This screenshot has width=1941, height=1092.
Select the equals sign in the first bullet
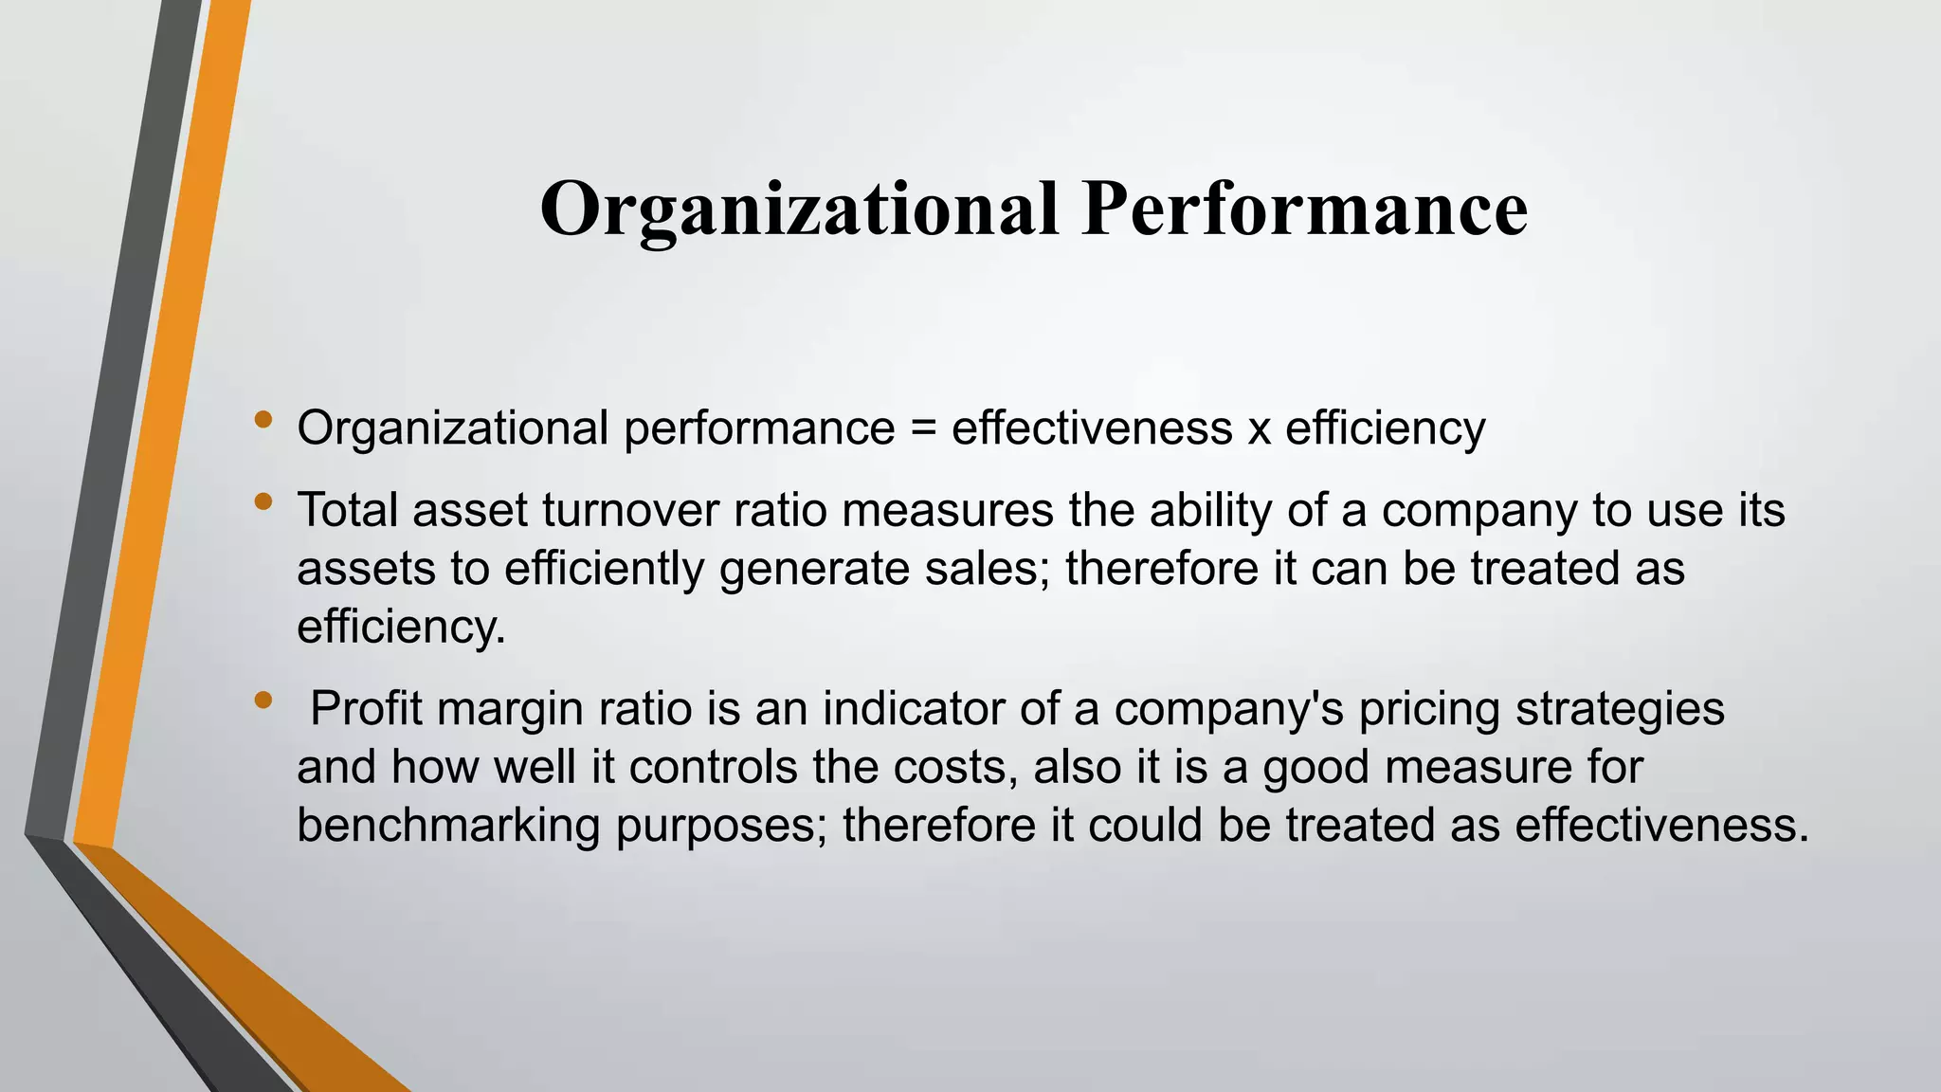pos(923,428)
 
